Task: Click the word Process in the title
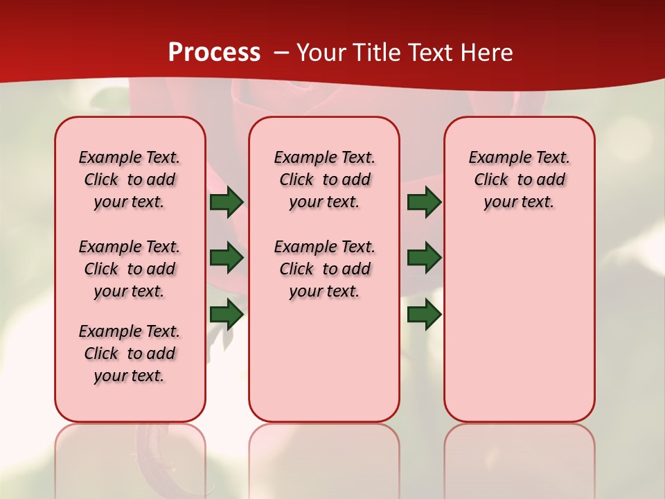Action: point(214,53)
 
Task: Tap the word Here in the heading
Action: point(488,53)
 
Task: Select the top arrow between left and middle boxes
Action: point(227,202)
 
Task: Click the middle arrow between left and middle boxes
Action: point(227,258)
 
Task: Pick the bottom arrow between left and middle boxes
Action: point(227,315)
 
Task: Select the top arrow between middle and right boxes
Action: point(424,202)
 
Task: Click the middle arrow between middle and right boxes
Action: point(424,258)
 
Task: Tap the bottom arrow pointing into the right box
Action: point(424,315)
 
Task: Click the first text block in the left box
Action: point(130,180)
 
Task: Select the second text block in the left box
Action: point(130,269)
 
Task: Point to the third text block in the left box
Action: point(130,353)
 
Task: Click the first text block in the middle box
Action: point(324,180)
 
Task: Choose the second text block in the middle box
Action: point(324,269)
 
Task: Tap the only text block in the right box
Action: point(519,180)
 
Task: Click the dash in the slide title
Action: point(281,53)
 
